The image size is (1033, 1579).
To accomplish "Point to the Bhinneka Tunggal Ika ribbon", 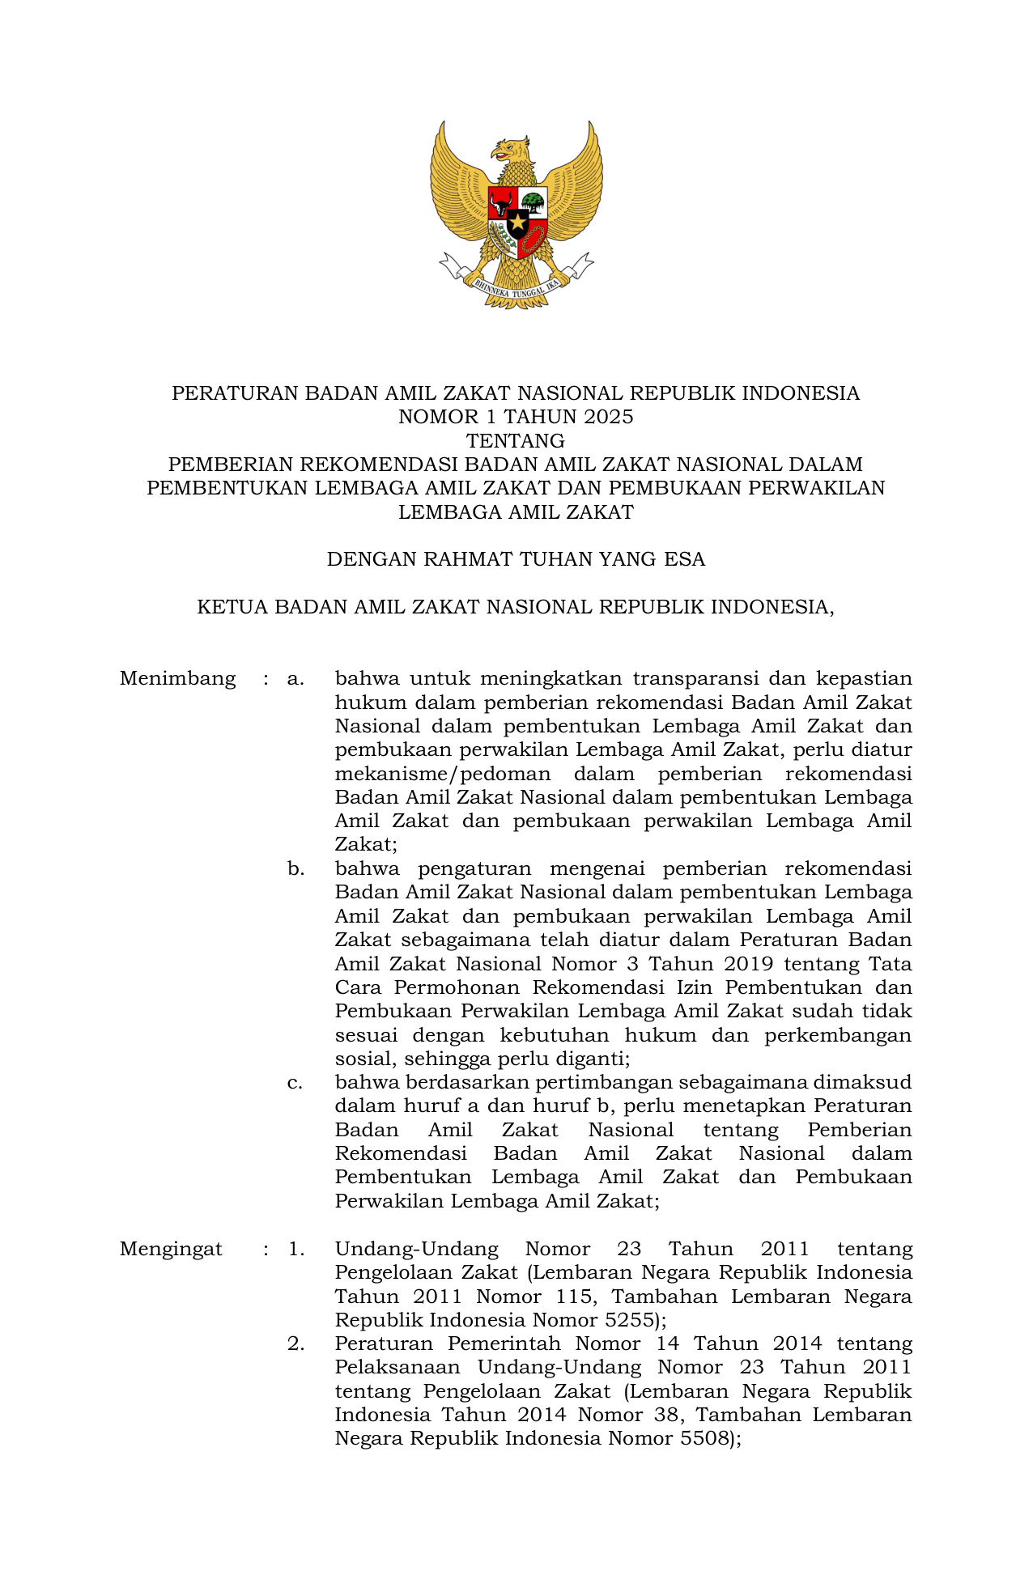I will [x=516, y=284].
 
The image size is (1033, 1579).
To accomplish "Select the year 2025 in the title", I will [x=608, y=417].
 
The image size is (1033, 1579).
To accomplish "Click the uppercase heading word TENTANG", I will [x=516, y=441].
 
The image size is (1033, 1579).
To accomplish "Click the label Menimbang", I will [x=177, y=678].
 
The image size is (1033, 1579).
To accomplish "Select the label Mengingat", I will [x=171, y=1249].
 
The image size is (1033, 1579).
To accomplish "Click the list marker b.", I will [x=295, y=869].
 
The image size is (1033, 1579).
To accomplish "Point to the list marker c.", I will [x=295, y=1083].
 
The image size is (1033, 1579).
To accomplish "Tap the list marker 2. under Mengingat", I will [x=295, y=1343].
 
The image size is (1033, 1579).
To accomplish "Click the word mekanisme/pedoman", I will [x=443, y=774].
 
